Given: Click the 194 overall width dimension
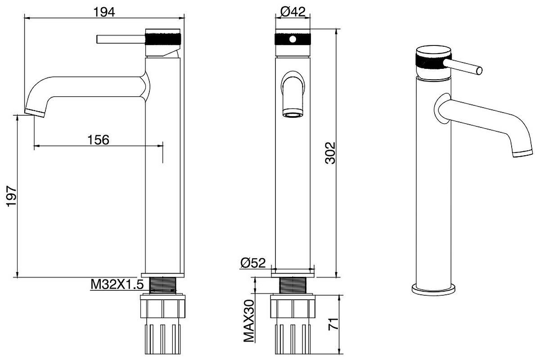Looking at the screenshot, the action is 105,12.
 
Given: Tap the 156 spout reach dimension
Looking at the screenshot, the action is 99,140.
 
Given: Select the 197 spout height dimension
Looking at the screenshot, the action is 12,196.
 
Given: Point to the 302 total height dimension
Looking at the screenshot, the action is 330,153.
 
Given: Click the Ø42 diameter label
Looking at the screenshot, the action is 292,12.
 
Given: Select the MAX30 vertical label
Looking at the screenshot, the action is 249,321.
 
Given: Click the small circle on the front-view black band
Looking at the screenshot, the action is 292,39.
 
